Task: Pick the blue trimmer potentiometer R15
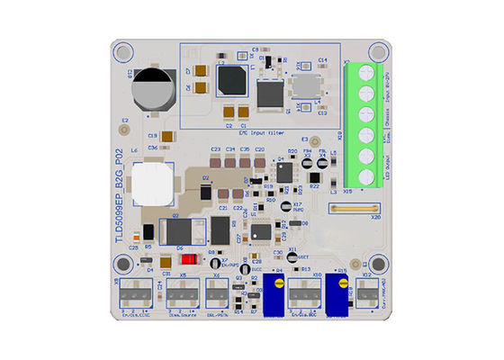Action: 340,294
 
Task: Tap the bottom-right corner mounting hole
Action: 378,265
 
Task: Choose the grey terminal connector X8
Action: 135,293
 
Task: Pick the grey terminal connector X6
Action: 218,293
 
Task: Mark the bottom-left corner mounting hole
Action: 120,265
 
